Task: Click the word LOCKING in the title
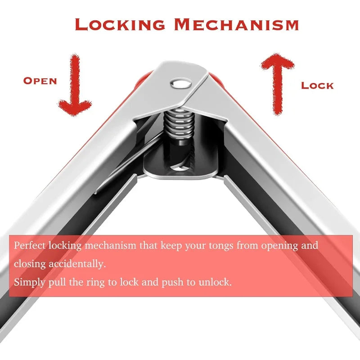click(120, 24)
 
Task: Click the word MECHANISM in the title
click(237, 24)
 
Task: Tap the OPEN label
click(40, 81)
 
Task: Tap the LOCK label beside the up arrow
click(317, 85)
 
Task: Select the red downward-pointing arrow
click(75, 85)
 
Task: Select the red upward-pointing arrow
click(278, 84)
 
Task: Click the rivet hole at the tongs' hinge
click(181, 83)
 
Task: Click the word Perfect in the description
click(30, 245)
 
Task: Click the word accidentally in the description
click(77, 264)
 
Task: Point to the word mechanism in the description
click(111, 245)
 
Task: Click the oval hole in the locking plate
click(179, 169)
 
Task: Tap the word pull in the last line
click(57, 283)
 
